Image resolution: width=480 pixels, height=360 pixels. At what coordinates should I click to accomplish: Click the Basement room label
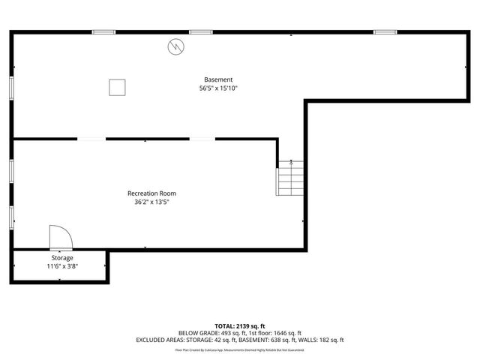[x=218, y=79]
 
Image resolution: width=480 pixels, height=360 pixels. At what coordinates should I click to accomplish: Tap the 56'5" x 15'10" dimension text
[x=218, y=88]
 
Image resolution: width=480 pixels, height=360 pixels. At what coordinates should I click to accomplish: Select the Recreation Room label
[x=151, y=193]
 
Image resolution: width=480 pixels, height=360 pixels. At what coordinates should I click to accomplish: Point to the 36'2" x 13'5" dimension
[x=151, y=202]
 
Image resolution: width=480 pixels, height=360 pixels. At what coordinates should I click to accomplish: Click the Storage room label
[x=62, y=258]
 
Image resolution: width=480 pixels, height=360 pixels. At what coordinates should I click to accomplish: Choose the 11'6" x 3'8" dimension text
[x=62, y=266]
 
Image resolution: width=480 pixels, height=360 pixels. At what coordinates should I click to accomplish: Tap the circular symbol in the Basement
[x=175, y=46]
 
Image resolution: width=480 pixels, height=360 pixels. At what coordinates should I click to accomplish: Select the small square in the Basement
[x=117, y=87]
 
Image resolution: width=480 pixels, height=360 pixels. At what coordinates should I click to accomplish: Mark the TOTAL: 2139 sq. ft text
[x=239, y=326]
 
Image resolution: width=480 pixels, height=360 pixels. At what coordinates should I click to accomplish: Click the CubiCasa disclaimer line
[x=239, y=349]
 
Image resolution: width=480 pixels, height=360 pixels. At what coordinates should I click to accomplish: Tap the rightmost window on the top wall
[x=385, y=31]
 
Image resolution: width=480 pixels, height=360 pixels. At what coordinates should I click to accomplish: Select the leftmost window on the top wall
[x=103, y=31]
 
